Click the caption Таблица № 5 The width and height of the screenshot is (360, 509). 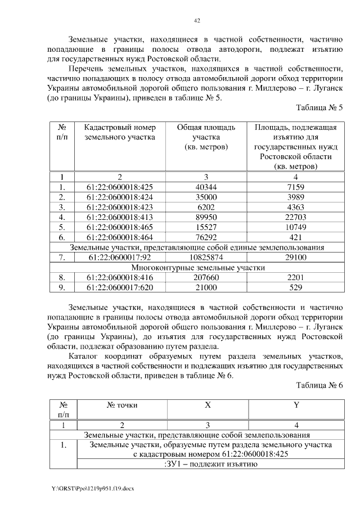[319, 107]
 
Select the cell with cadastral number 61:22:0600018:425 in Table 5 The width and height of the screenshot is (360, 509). [120, 187]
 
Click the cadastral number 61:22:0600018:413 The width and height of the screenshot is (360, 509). [120, 217]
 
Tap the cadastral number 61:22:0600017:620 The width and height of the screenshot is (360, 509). [120, 288]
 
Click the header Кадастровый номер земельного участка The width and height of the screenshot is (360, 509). [120, 132]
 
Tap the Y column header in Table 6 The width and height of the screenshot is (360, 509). [295, 405]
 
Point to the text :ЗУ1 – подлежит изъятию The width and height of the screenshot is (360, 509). [210, 465]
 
